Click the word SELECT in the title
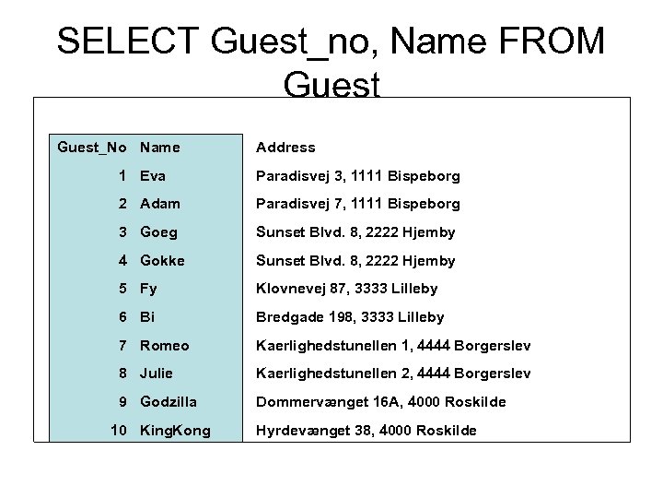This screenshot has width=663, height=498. pyautogui.click(x=126, y=42)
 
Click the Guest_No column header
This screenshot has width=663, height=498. pyautogui.click(x=92, y=147)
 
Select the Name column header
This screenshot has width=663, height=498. pyautogui.click(x=160, y=147)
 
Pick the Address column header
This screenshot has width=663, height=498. pyautogui.click(x=285, y=147)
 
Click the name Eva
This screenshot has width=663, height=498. pyautogui.click(x=154, y=175)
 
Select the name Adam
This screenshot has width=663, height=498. pyautogui.click(x=160, y=204)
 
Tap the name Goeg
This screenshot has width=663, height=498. pyautogui.click(x=158, y=231)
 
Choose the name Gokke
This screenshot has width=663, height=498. pyautogui.click(x=162, y=260)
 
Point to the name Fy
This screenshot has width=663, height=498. pyautogui.click(x=149, y=289)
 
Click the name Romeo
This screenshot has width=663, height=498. pyautogui.click(x=165, y=345)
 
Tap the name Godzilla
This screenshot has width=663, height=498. pyautogui.click(x=170, y=402)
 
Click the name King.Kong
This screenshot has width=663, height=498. pyautogui.click(x=175, y=431)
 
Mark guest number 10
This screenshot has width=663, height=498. pyautogui.click(x=119, y=431)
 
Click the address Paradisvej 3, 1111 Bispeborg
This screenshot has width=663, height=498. pyautogui.click(x=357, y=175)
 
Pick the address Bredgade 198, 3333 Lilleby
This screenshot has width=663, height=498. pyautogui.click(x=350, y=317)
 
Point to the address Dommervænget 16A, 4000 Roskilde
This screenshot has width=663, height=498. pyautogui.click(x=380, y=402)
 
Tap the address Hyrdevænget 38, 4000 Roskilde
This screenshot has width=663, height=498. pyautogui.click(x=366, y=431)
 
